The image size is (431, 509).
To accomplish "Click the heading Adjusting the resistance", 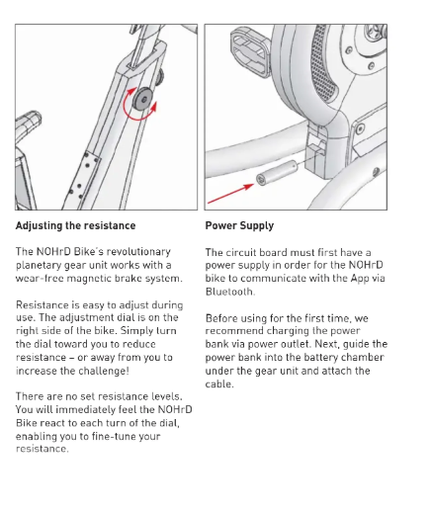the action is click(75, 225).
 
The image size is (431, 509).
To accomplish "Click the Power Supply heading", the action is click(239, 226).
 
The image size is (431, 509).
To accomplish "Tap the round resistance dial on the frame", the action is click(142, 99).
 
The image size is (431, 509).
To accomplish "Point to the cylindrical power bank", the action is click(277, 173).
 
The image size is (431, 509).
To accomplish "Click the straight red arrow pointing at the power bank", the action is click(230, 194).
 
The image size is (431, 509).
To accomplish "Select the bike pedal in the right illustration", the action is click(251, 52).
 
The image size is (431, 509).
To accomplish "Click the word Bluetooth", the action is click(230, 292).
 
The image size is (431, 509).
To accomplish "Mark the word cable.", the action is click(219, 384).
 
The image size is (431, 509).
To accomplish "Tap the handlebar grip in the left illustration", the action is click(29, 122).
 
